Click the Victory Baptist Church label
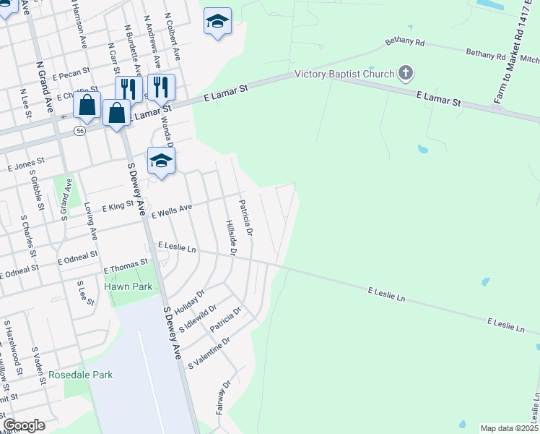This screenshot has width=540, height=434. pos(344,74)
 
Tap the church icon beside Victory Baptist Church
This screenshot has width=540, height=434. pos(406,73)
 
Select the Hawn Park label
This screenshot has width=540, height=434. pos(129,286)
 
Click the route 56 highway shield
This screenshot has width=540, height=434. pos(80,131)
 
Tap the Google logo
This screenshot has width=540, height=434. pos(24,425)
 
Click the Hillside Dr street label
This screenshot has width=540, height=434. pos(230,238)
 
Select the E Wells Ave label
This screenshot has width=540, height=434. pos(171,210)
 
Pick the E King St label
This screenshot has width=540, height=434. pos(118,206)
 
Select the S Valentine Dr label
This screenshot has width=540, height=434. pos(209,352)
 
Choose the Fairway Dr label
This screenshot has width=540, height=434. pos(222,397)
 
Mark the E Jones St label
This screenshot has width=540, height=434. pos(26,165)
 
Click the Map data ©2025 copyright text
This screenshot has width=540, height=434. pos(509,428)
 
